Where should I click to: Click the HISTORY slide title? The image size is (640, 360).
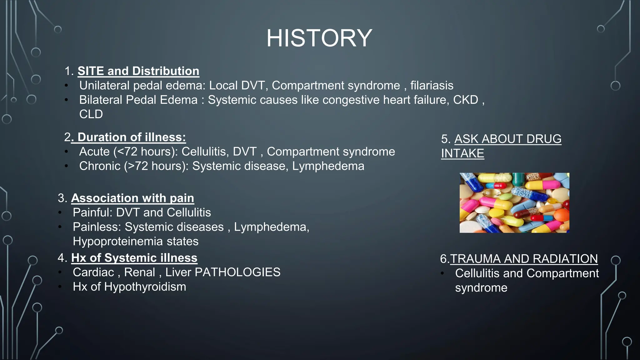[319, 38]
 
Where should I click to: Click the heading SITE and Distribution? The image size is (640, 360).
[138, 71]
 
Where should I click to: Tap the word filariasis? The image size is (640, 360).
[432, 85]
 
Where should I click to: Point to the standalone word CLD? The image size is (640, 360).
[91, 114]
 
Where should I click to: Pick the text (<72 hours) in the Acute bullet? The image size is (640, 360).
[145, 152]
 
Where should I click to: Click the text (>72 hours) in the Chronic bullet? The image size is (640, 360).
[156, 166]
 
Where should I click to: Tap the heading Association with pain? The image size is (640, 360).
[132, 198]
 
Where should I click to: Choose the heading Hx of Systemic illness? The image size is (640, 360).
[134, 258]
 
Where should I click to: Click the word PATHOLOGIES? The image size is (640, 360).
[237, 272]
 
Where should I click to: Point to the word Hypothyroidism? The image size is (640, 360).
[145, 287]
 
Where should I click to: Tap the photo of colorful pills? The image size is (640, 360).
[514, 203]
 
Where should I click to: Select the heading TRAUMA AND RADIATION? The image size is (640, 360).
[523, 259]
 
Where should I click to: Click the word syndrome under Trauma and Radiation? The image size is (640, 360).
[481, 287]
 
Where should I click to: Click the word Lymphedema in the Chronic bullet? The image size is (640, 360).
[328, 166]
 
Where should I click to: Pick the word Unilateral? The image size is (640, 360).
[104, 85]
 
